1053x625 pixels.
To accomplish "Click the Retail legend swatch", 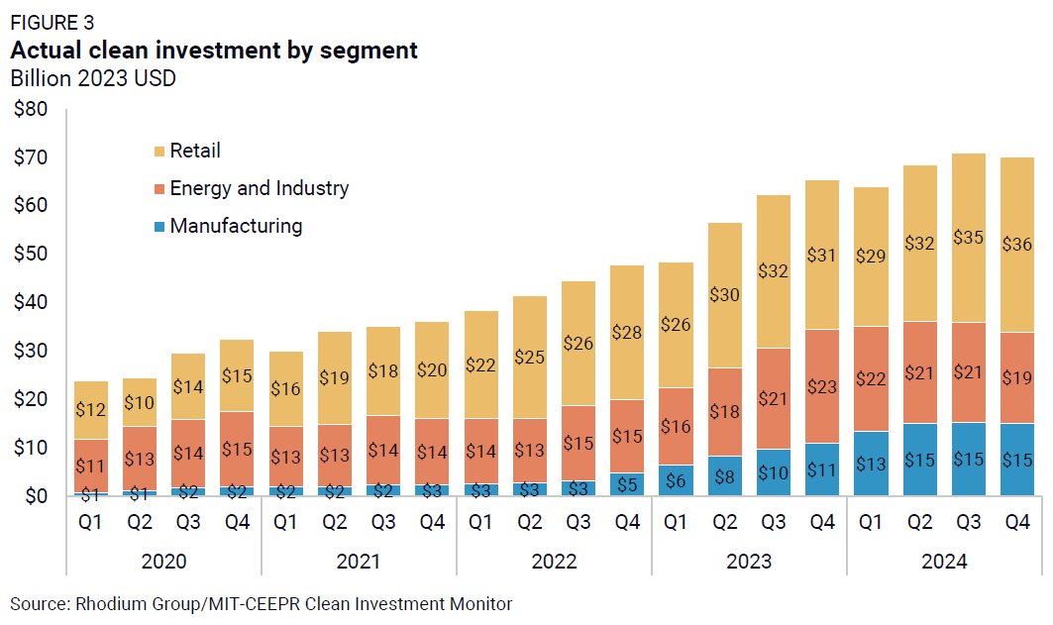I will click(x=158, y=152).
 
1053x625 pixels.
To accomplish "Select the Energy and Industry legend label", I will click(x=260, y=188).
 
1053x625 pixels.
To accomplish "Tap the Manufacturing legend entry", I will click(x=236, y=226).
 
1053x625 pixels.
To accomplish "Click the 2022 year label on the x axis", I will click(x=554, y=562).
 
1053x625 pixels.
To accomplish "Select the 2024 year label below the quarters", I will click(x=944, y=562).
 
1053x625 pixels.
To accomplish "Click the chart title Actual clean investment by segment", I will click(x=214, y=51).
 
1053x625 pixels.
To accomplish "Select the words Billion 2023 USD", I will click(x=93, y=78).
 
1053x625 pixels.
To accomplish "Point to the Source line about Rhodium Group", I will click(x=262, y=603).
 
